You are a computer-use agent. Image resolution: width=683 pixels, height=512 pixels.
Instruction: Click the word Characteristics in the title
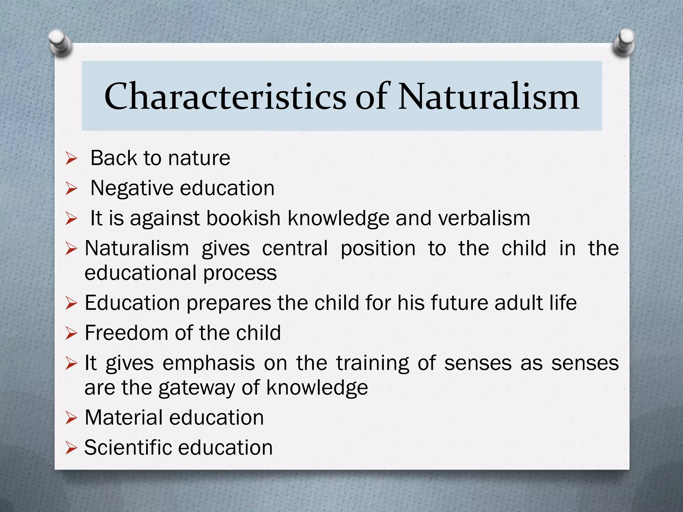pyautogui.click(x=225, y=97)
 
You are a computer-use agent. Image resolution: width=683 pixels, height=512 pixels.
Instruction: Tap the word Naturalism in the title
pyautogui.click(x=489, y=97)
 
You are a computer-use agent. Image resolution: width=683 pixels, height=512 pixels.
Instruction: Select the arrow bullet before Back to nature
pyautogui.click(x=71, y=159)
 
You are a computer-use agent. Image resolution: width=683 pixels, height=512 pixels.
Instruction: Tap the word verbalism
pyautogui.click(x=484, y=218)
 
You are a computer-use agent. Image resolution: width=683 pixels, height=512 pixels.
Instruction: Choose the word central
pyautogui.click(x=295, y=248)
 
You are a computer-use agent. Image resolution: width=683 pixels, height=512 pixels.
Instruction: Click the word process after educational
pyautogui.click(x=240, y=273)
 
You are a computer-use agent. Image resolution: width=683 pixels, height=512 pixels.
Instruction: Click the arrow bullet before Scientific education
pyautogui.click(x=71, y=448)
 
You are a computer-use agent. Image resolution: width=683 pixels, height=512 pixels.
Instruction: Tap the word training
pyautogui.click(x=373, y=363)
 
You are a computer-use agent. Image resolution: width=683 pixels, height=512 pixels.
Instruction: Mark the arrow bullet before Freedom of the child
pyautogui.click(x=71, y=334)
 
